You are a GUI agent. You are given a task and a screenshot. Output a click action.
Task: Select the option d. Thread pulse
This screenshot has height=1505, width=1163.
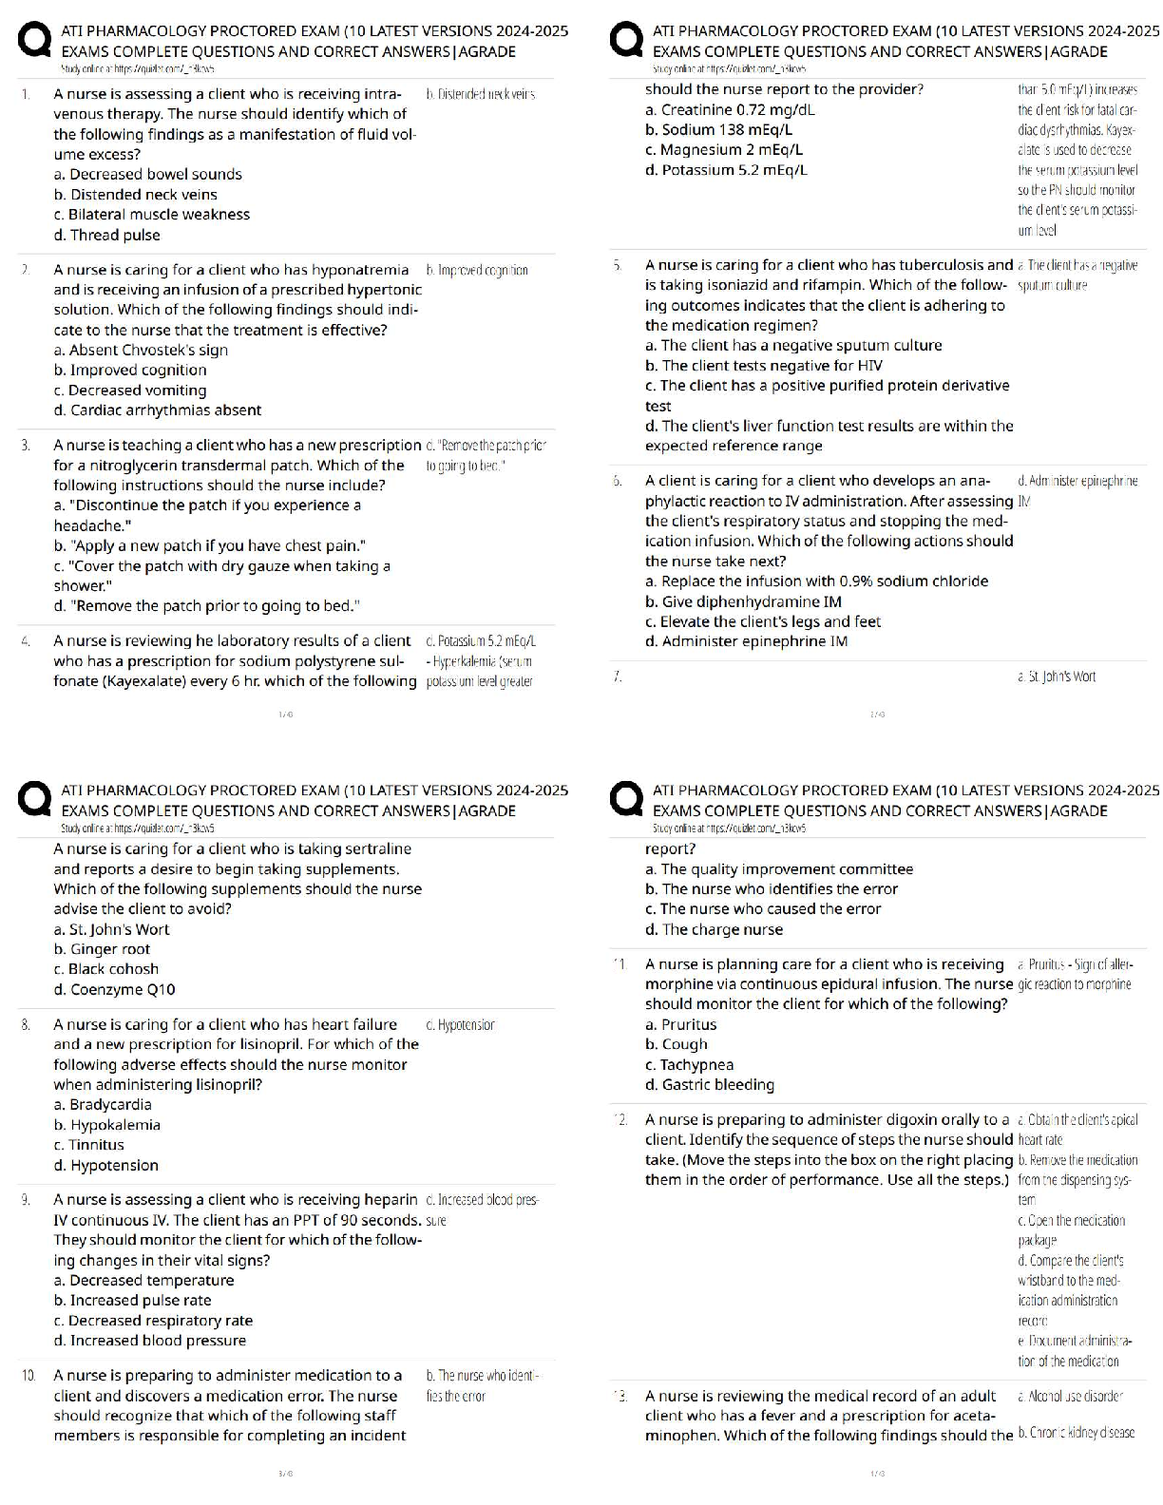click(106, 236)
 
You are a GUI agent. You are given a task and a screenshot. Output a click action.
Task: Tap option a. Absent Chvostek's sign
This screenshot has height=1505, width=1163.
click(141, 351)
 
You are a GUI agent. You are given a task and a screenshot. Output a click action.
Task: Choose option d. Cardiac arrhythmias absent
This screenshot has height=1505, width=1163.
click(157, 410)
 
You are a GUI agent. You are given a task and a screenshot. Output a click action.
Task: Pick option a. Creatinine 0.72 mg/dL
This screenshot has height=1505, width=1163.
click(730, 110)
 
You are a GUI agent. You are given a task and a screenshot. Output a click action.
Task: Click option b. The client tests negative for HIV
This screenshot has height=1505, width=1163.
click(763, 366)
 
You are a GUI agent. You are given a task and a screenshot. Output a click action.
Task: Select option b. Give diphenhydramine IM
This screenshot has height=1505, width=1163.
click(743, 602)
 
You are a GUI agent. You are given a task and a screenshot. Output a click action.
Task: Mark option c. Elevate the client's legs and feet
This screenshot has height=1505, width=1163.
click(763, 622)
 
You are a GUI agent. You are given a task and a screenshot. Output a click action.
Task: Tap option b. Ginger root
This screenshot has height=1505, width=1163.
click(102, 949)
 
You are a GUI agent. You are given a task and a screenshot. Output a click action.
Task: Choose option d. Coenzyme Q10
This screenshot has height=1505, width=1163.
click(114, 990)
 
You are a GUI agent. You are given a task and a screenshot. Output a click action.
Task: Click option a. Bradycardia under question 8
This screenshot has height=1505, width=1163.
click(103, 1105)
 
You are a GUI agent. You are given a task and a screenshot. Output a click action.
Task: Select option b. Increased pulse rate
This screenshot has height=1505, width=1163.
click(132, 1301)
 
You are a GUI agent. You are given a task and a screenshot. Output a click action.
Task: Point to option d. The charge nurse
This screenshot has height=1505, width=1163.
click(714, 930)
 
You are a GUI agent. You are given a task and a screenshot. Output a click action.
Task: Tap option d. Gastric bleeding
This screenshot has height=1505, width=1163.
click(709, 1085)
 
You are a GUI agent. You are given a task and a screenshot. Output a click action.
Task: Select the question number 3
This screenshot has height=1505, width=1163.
click(27, 446)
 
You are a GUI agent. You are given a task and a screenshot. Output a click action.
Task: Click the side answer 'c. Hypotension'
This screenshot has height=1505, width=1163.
click(461, 1025)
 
